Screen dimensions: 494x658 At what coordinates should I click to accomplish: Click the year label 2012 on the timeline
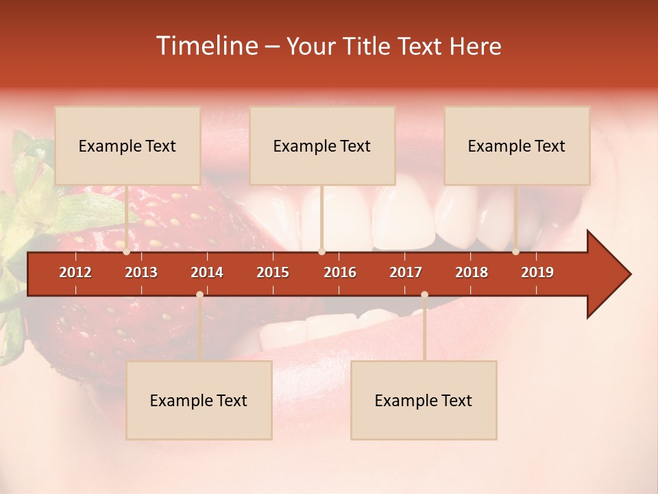tap(75, 272)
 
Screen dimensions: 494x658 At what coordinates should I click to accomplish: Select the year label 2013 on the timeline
tap(141, 272)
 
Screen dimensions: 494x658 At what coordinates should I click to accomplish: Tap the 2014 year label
tap(207, 272)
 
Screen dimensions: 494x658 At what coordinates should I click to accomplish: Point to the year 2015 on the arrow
tap(273, 272)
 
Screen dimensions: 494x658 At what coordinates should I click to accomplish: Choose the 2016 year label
tap(340, 272)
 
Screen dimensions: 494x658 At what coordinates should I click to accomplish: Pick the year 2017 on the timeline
tap(406, 272)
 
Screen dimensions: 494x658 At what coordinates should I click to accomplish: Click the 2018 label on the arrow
tap(472, 272)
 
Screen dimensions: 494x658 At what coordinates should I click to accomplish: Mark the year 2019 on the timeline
tap(537, 272)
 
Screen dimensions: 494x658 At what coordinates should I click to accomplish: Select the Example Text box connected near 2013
tap(127, 145)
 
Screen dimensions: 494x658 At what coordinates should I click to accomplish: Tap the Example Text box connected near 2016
tap(322, 145)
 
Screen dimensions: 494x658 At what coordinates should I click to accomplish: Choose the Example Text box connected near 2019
tap(517, 145)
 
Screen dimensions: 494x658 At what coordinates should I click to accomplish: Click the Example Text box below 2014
tap(199, 400)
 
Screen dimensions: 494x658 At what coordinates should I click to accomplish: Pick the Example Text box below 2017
tap(424, 400)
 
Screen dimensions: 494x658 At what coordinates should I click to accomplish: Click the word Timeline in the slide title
tap(206, 46)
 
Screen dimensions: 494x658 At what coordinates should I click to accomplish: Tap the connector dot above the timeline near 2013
tap(127, 252)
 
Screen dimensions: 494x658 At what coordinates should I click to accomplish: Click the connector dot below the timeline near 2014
tap(199, 295)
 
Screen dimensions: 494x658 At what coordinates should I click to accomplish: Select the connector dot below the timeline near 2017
tap(424, 295)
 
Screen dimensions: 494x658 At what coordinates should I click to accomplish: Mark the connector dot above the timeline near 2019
tap(516, 252)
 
